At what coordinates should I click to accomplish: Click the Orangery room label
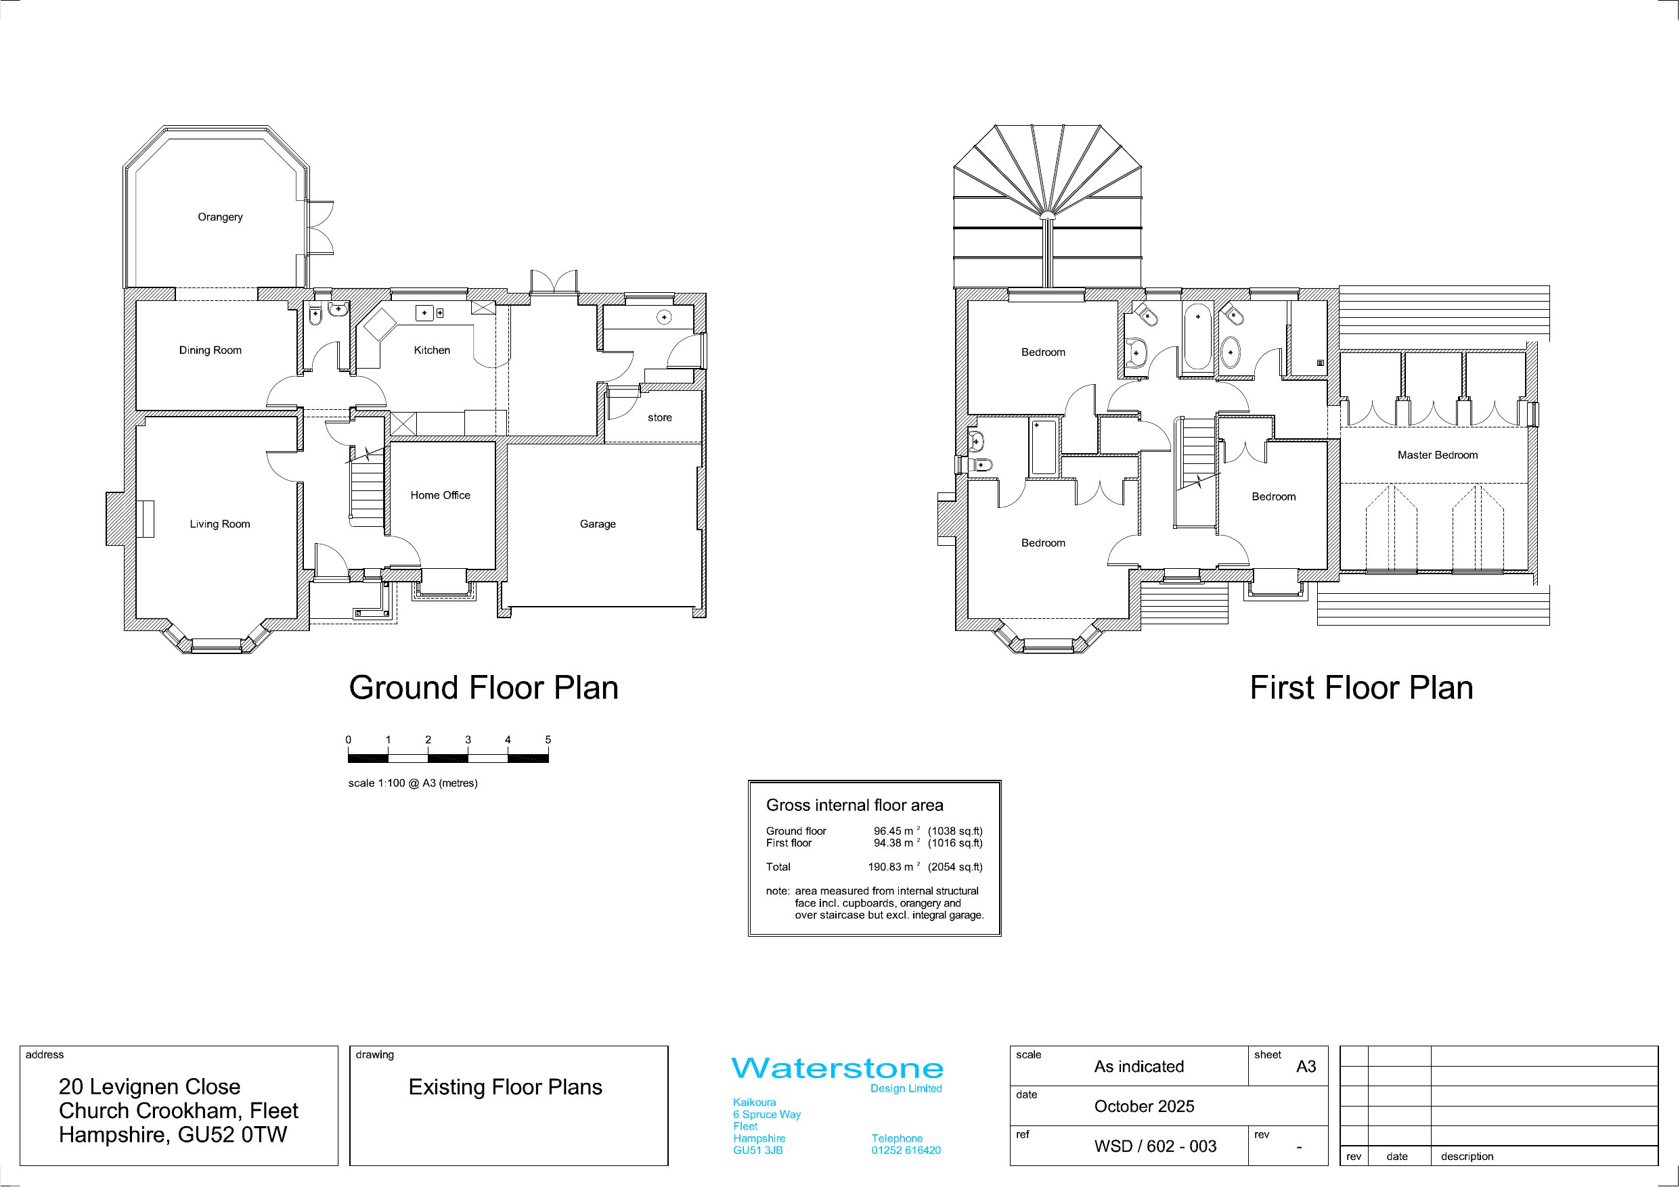point(220,217)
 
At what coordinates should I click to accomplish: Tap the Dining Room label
point(210,350)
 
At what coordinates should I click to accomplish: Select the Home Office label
point(441,495)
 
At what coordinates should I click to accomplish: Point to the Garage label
point(598,524)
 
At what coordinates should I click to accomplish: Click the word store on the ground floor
point(660,417)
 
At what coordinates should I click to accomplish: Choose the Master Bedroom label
point(1438,455)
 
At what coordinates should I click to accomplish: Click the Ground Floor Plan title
point(484,689)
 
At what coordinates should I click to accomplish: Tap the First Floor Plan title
point(1362,689)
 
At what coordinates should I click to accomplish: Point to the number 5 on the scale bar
point(548,740)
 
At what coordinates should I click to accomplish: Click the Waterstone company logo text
point(838,1069)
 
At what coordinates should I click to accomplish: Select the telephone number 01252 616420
point(906,1150)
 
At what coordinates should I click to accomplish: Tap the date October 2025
point(1145,1107)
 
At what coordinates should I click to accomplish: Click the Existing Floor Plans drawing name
point(506,1088)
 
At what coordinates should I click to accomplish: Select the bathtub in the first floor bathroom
point(1198,336)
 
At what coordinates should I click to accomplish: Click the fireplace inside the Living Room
point(144,519)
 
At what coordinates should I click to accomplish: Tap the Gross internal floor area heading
point(855,806)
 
